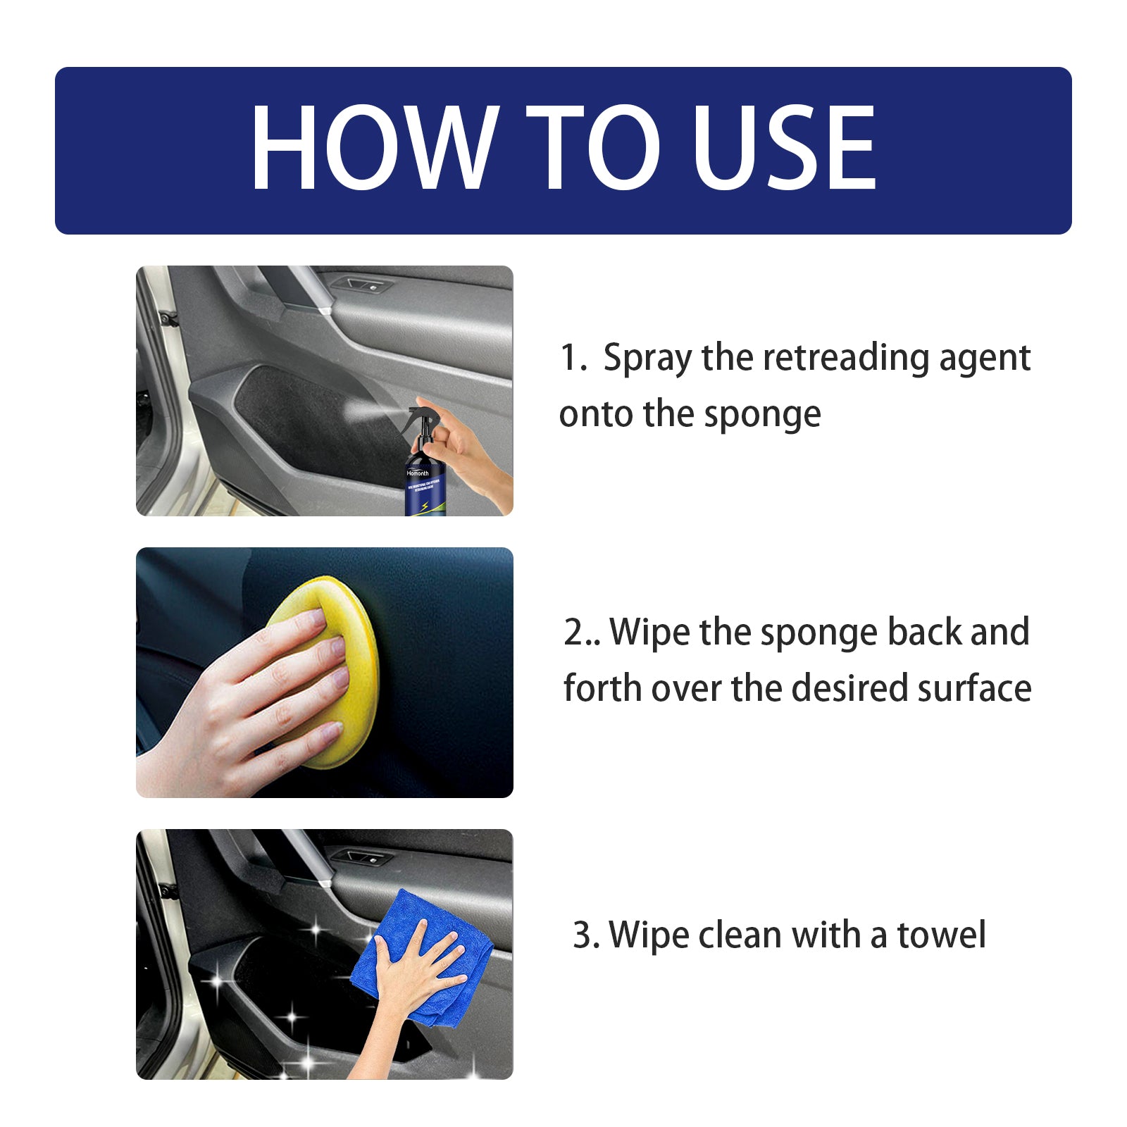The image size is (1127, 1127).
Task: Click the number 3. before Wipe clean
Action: coord(586,935)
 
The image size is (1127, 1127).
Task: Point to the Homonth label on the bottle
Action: coord(418,473)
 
